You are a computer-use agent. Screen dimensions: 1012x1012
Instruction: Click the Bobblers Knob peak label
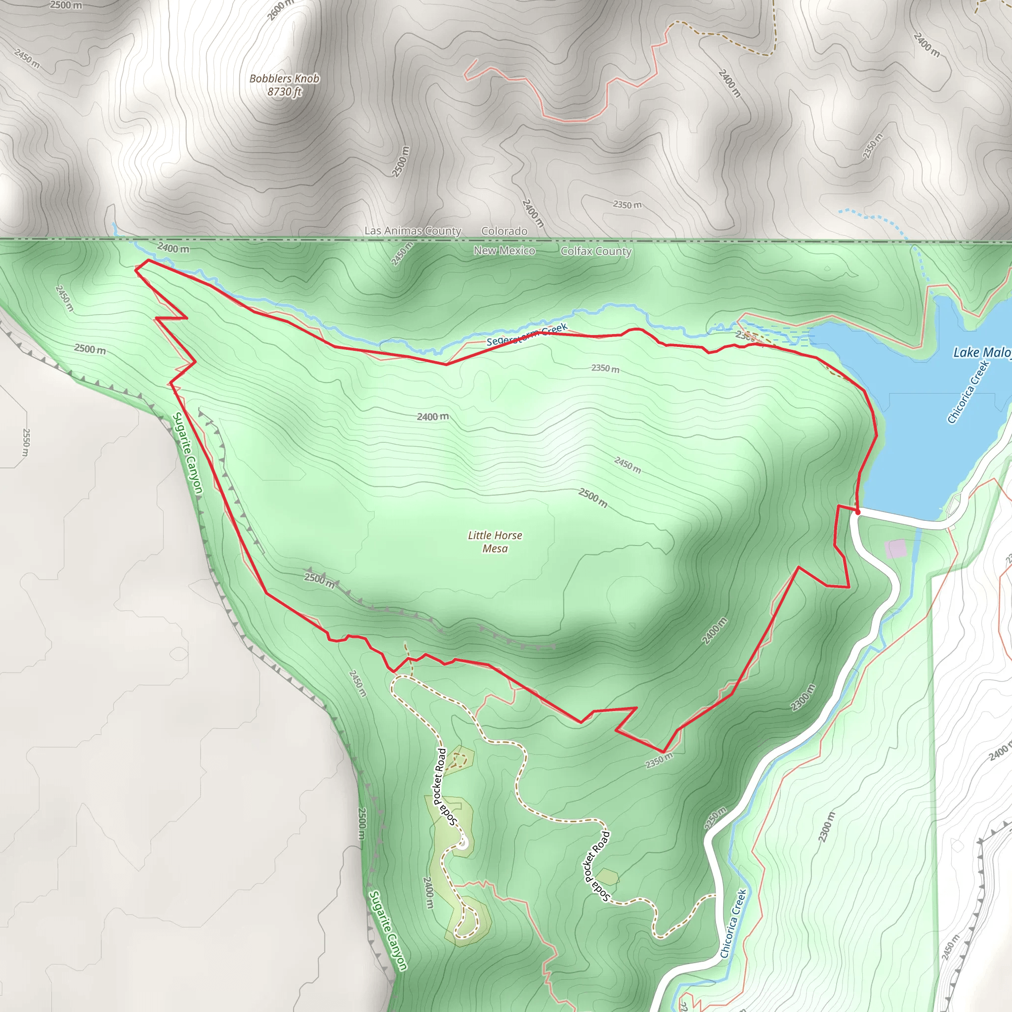[284, 79]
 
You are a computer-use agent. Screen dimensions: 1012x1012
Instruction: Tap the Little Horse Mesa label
[495, 542]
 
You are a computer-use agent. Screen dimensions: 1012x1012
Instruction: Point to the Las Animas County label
[413, 231]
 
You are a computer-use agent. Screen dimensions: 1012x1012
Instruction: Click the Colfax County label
[596, 252]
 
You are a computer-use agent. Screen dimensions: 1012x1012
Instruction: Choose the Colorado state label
[504, 231]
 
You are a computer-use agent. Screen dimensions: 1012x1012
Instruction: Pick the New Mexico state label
[504, 251]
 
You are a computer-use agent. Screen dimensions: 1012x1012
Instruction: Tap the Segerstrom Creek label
[527, 335]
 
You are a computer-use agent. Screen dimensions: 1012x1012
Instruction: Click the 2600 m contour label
[281, 9]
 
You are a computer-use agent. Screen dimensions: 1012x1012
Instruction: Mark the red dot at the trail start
[857, 512]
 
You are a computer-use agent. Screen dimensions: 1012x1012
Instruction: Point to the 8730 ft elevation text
[284, 92]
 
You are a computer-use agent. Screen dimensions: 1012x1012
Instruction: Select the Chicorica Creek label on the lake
[968, 392]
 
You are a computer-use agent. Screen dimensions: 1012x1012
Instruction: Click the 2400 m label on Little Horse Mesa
[433, 417]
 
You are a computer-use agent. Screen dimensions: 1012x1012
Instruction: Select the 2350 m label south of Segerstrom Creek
[605, 368]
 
